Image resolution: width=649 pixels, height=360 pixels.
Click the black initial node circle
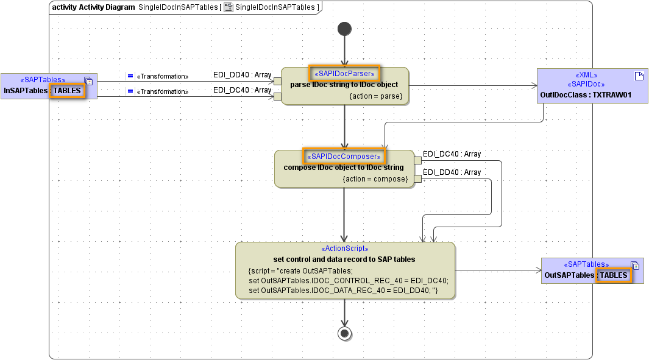tap(344, 29)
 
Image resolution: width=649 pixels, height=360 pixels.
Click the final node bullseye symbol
tap(345, 333)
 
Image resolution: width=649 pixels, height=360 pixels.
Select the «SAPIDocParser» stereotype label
tap(344, 74)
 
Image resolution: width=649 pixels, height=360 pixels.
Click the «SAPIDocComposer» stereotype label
tap(344, 157)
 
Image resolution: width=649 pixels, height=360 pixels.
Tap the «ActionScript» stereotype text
tap(344, 249)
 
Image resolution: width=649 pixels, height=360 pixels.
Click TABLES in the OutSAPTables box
tap(613, 275)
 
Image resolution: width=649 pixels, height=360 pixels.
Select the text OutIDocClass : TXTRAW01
tap(585, 95)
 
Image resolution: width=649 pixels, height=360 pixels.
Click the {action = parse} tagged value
tap(375, 96)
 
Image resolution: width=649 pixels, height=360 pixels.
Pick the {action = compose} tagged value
tap(375, 179)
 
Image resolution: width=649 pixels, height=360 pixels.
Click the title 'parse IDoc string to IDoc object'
tap(344, 85)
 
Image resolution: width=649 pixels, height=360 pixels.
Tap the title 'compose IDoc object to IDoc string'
tap(344, 168)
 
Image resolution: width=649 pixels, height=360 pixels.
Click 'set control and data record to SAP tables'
tap(344, 259)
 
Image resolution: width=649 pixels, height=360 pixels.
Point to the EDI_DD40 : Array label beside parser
tap(242, 75)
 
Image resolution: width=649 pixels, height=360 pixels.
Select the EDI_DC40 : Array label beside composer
tap(452, 155)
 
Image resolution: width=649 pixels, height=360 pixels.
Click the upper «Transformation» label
tap(163, 76)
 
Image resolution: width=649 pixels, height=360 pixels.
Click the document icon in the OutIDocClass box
tap(639, 76)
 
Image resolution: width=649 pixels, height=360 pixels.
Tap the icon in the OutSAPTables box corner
tap(635, 266)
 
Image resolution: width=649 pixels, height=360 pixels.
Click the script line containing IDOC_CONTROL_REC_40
tap(349, 281)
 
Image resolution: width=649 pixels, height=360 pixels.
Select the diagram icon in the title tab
tap(229, 7)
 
